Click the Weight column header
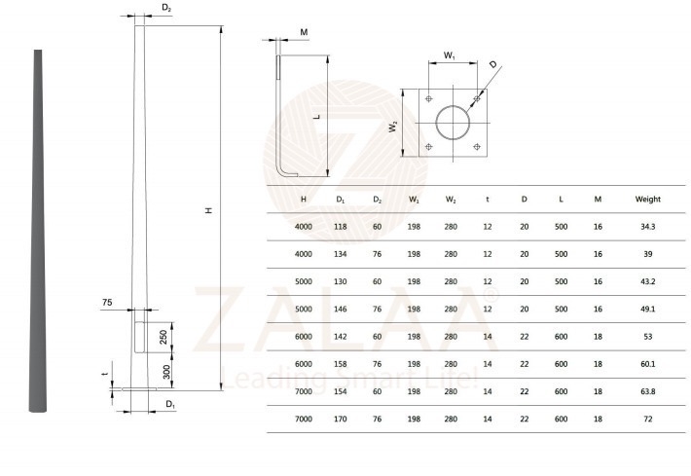tap(647, 200)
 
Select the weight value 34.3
tap(647, 227)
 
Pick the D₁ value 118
tap(340, 227)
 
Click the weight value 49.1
tap(647, 309)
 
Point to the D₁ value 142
tap(340, 336)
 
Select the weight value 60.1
tap(647, 363)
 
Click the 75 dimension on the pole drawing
tap(107, 304)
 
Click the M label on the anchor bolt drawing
tap(304, 32)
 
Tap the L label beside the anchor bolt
tap(315, 116)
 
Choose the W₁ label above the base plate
tap(450, 56)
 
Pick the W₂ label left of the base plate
tap(393, 126)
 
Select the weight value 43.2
tap(647, 281)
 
